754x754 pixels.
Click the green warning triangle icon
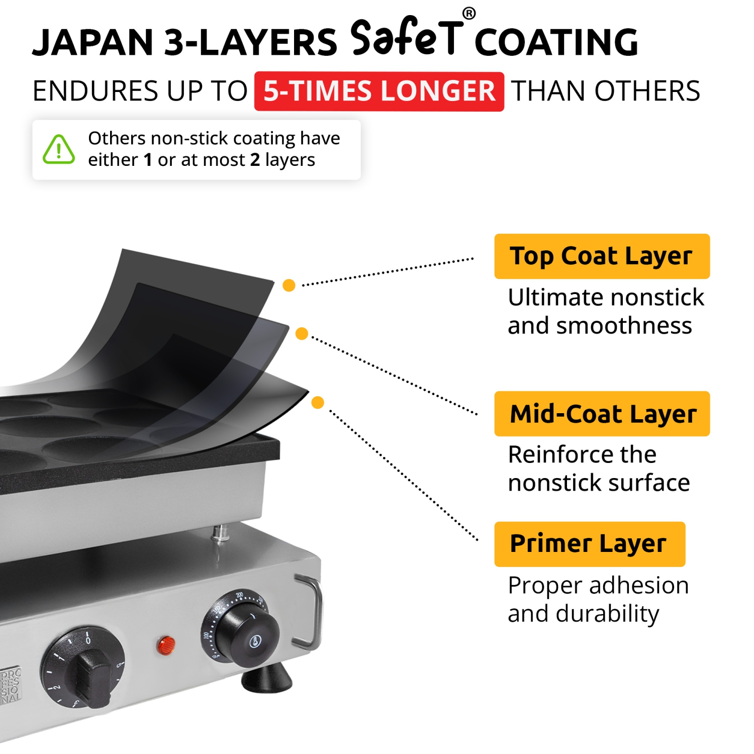pyautogui.click(x=59, y=150)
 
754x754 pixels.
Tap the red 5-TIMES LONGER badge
pyautogui.click(x=379, y=91)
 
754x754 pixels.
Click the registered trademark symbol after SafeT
pyautogui.click(x=468, y=14)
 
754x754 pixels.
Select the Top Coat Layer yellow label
pyautogui.click(x=602, y=256)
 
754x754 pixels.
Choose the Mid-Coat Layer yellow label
pyautogui.click(x=602, y=414)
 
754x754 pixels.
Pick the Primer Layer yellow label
pyautogui.click(x=589, y=544)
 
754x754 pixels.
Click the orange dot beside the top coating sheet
pyautogui.click(x=289, y=286)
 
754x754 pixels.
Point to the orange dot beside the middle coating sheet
pyautogui.click(x=302, y=333)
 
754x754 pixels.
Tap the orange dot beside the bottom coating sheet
pyautogui.click(x=318, y=402)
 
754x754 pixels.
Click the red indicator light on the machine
pyautogui.click(x=166, y=644)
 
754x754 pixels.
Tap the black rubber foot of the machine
pyautogui.click(x=267, y=678)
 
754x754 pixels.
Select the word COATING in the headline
pyautogui.click(x=556, y=42)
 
